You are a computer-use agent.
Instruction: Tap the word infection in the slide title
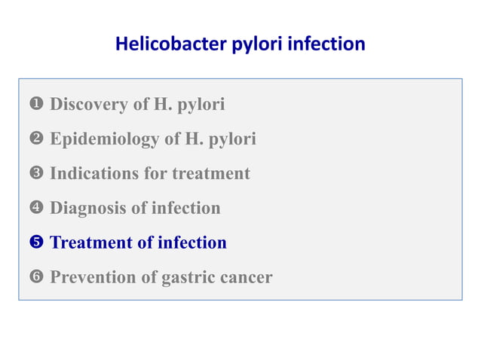(329, 44)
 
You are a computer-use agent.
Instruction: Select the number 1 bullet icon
(37, 105)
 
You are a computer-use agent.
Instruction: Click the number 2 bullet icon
(37, 139)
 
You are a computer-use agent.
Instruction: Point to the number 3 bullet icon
(37, 174)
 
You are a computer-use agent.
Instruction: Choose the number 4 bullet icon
(37, 209)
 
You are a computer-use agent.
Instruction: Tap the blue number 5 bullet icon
(37, 243)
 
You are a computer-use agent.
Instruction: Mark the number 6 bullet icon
(37, 278)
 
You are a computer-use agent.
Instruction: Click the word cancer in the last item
(247, 278)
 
